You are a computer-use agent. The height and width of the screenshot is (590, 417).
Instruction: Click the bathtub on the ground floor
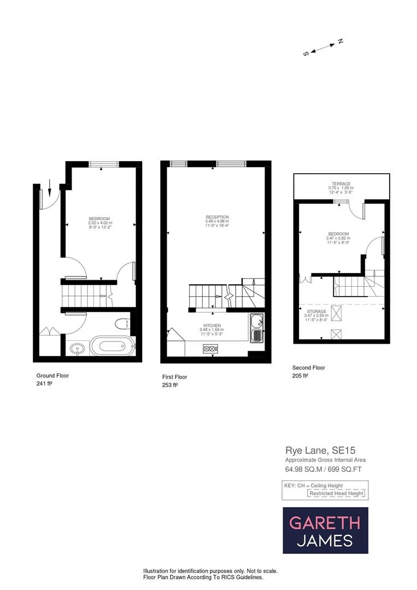111,346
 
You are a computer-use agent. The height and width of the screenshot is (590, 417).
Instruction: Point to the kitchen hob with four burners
210,348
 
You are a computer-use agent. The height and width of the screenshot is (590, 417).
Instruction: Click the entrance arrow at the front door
50,188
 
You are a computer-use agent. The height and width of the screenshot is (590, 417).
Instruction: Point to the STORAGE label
315,311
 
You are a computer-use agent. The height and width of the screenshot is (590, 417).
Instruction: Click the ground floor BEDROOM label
100,219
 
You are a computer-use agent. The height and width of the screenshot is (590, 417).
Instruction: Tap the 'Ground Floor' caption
52,376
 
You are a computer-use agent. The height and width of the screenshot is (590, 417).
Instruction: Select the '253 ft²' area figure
170,385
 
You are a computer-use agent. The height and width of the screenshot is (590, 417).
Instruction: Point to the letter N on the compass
340,41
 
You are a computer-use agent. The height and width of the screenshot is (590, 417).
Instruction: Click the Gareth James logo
325,530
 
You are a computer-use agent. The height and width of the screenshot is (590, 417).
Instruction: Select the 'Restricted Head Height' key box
336,493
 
